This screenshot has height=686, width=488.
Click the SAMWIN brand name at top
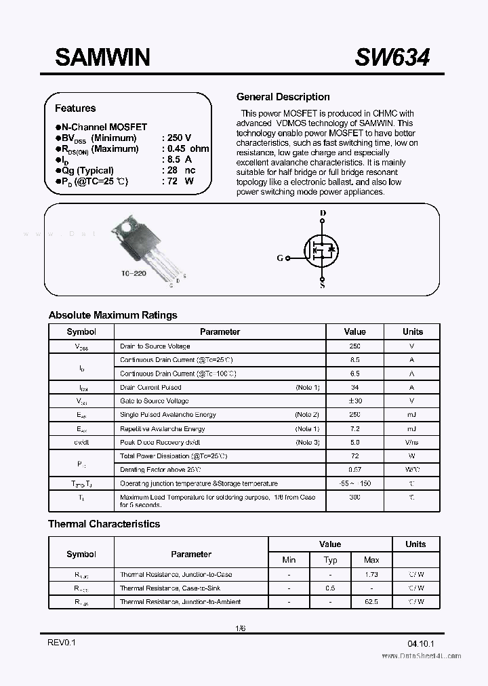point(102,58)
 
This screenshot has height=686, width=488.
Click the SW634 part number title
point(392,58)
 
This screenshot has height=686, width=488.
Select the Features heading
point(75,108)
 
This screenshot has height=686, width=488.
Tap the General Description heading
point(283,97)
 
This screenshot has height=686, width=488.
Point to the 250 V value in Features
point(179,138)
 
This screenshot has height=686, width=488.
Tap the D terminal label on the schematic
point(323,214)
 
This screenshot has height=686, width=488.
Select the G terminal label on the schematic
point(280,258)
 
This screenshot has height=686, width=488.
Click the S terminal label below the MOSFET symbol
point(322,285)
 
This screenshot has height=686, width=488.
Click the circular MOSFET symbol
point(323,250)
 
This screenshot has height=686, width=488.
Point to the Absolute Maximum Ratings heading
point(113,315)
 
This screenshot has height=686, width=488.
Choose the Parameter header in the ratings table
point(220,331)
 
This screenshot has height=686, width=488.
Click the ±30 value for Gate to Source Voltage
point(354,401)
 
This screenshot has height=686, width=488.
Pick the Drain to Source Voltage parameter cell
point(155,346)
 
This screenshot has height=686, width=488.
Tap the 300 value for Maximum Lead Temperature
point(354,497)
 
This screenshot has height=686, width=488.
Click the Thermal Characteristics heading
point(104,524)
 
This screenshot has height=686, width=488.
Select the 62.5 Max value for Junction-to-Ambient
point(371,601)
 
